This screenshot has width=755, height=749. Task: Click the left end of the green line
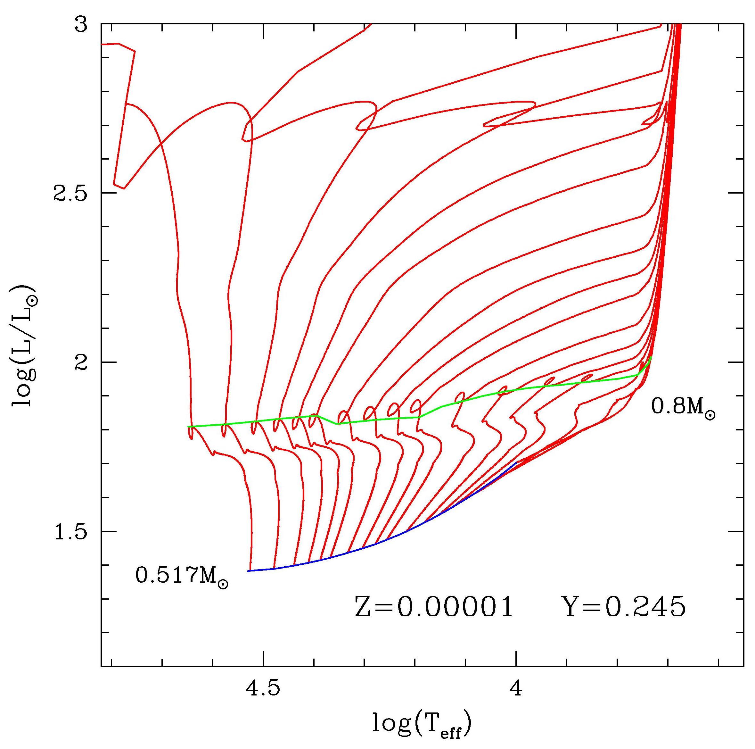point(188,427)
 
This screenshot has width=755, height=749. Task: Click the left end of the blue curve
point(248,571)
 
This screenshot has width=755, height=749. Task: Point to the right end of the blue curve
point(517,463)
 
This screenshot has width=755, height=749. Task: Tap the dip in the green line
point(339,424)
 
